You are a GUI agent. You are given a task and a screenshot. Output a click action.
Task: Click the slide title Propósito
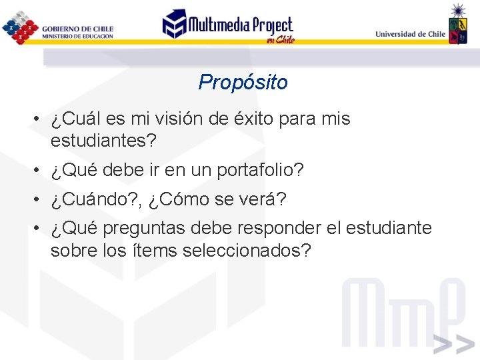click(243, 83)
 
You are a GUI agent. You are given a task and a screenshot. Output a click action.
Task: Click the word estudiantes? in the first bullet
click(103, 141)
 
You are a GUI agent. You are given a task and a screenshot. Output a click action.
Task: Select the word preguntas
click(145, 229)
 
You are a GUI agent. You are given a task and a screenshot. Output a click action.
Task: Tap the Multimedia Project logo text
click(240, 25)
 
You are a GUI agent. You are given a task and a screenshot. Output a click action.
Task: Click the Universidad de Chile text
click(410, 34)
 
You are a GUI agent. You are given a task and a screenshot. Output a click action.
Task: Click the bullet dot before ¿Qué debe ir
click(39, 171)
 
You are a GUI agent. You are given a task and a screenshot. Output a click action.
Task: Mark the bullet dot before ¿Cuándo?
click(39, 199)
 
